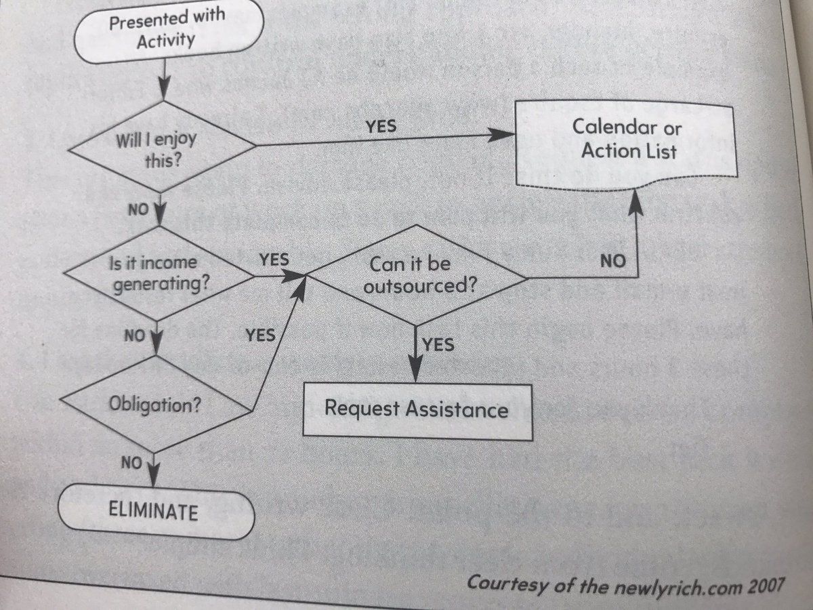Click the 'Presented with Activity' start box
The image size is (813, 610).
(x=166, y=30)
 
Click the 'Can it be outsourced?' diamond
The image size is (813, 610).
(x=417, y=274)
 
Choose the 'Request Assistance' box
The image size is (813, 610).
(x=416, y=409)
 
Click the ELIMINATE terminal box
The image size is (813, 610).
(x=155, y=511)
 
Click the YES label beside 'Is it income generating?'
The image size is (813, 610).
(x=274, y=260)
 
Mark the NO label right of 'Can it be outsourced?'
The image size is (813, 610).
(x=612, y=260)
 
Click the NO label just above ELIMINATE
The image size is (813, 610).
(x=131, y=464)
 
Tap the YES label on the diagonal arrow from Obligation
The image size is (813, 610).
(x=260, y=335)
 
